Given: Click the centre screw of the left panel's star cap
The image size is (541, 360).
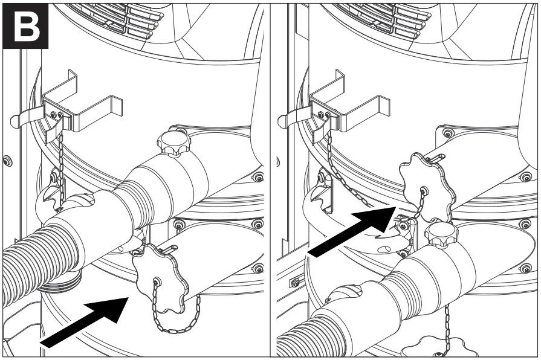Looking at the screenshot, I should click(x=157, y=281).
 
